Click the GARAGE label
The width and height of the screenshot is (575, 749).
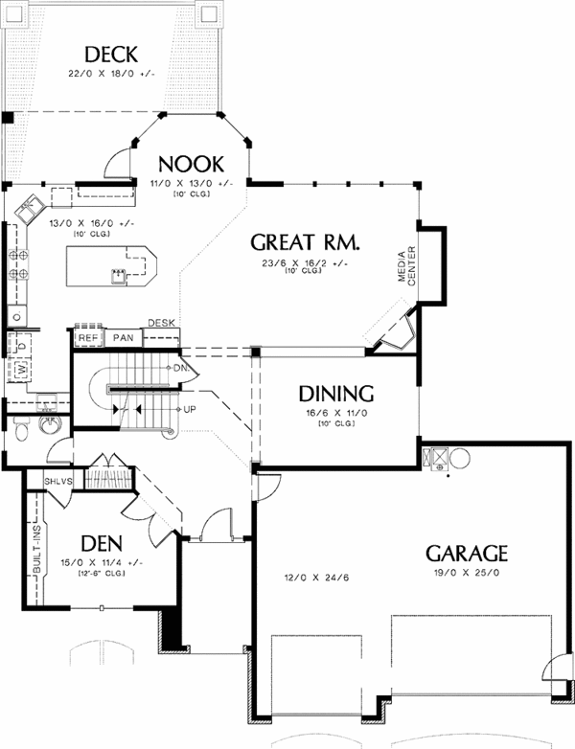[x=466, y=554]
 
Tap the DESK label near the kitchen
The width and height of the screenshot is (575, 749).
[x=162, y=323]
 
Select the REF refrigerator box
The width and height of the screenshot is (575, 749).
[x=88, y=338]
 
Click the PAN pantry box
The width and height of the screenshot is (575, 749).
[x=123, y=338]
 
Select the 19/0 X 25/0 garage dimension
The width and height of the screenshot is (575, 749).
[x=466, y=573]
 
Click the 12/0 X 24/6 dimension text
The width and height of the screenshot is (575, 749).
[x=302, y=578]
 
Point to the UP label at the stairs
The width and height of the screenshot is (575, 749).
[x=190, y=409]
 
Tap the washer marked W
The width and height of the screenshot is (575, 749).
[x=20, y=369]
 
